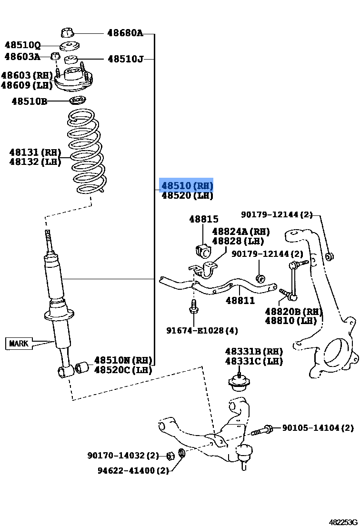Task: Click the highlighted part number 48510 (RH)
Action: click(x=187, y=185)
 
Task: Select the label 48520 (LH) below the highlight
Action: click(x=187, y=196)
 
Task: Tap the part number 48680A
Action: click(x=125, y=33)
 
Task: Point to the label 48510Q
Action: click(x=22, y=45)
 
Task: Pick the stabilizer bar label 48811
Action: click(x=240, y=301)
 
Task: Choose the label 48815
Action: click(x=204, y=219)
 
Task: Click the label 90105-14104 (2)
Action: click(x=318, y=428)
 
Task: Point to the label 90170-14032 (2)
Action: click(x=123, y=456)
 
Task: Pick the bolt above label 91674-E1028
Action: click(x=193, y=307)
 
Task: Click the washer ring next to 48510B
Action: click(x=77, y=101)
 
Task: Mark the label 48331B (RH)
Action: click(x=254, y=351)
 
